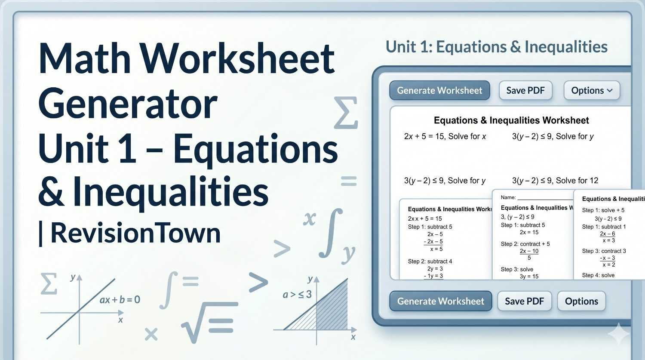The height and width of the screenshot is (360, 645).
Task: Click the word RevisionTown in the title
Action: (x=135, y=233)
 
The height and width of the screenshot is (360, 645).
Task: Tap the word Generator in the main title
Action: (x=128, y=104)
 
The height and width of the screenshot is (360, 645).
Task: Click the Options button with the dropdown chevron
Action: (x=591, y=90)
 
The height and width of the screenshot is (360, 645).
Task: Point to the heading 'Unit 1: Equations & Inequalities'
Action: (x=496, y=47)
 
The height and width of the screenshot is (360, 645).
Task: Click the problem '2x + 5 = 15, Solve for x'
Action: (x=445, y=136)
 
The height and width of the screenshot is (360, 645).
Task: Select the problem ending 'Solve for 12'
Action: (x=555, y=181)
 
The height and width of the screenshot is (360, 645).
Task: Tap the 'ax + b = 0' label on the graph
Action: (x=120, y=300)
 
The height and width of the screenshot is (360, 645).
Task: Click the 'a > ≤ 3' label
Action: (x=297, y=295)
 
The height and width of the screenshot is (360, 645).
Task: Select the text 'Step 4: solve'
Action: (x=598, y=275)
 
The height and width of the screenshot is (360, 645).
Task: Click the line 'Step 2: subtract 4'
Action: (x=430, y=262)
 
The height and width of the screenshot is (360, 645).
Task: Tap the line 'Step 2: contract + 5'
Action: (x=525, y=244)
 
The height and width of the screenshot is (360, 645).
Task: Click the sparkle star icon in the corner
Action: (x=618, y=334)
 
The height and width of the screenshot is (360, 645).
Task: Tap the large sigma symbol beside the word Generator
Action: (x=346, y=113)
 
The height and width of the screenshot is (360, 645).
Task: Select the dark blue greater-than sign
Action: (x=258, y=283)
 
